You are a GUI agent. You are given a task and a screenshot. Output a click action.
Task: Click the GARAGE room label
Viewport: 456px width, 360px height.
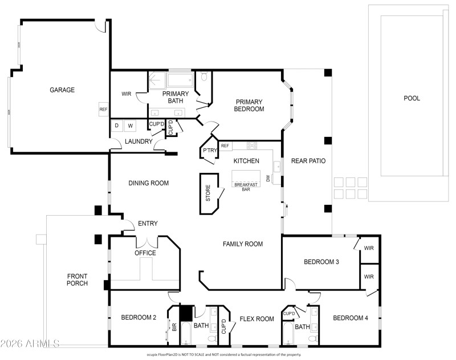62,90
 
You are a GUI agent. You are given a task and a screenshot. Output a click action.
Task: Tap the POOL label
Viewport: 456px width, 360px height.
412,98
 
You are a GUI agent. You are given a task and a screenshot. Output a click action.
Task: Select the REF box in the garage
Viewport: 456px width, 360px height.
103,110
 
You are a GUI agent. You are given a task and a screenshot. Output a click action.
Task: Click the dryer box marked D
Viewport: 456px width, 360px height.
117,126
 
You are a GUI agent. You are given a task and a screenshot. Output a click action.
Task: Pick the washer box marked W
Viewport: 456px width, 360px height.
130,126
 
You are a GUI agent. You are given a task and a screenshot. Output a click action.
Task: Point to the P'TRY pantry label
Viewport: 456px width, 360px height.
208,151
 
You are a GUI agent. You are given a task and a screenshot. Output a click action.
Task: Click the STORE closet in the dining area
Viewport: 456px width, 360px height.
209,193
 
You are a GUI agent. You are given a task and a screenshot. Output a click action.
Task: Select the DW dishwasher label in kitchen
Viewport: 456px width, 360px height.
267,178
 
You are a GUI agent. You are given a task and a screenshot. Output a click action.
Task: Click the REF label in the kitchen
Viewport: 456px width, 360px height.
225,146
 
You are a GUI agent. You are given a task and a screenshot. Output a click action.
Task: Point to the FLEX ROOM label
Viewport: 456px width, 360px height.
256,319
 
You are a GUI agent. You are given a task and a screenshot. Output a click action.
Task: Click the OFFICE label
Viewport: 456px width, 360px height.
145,253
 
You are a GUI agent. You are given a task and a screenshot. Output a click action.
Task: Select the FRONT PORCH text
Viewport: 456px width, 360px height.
77,279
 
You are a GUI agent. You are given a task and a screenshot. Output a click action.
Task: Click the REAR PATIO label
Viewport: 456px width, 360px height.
308,161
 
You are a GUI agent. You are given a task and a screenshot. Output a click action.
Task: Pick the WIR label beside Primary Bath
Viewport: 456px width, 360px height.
127,94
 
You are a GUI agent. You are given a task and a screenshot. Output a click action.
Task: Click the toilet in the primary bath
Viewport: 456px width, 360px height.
203,77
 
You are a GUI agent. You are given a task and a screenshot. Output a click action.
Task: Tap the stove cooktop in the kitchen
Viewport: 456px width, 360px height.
252,145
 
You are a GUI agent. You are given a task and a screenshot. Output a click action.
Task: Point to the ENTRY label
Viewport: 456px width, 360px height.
148,223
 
